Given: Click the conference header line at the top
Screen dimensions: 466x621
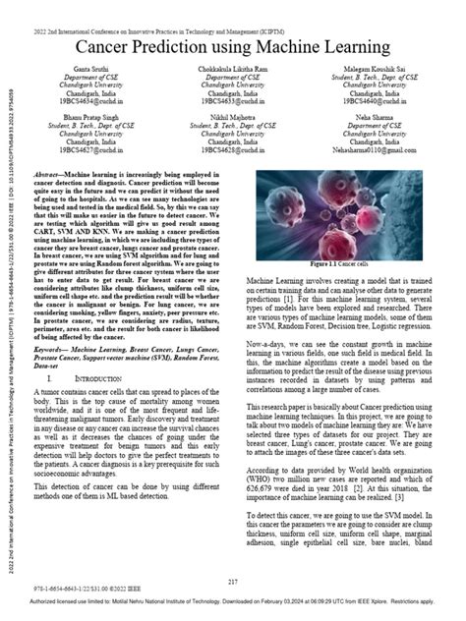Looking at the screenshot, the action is tap(233, 8).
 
